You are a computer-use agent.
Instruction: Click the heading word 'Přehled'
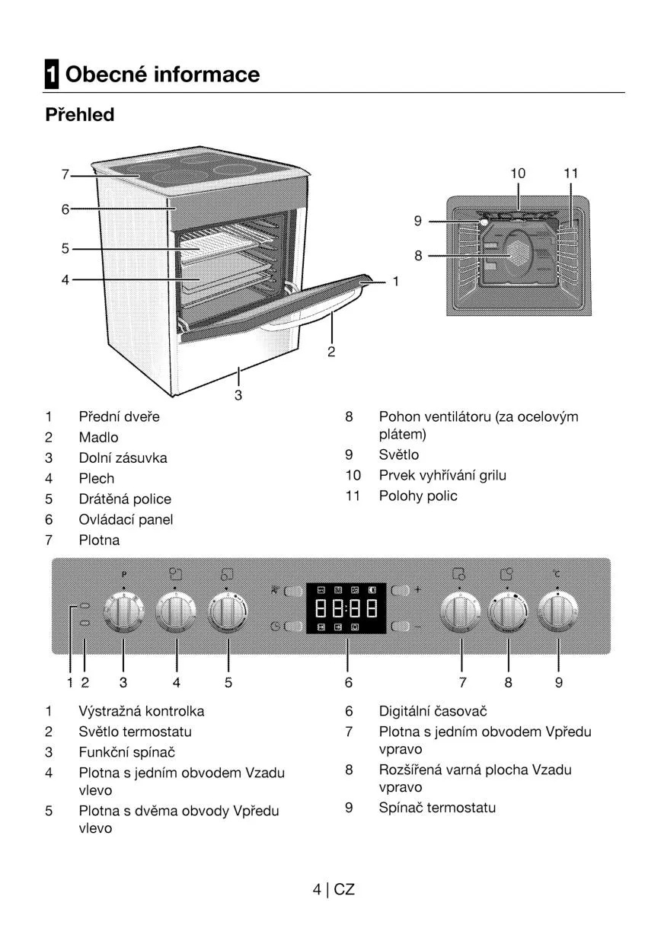click(x=79, y=115)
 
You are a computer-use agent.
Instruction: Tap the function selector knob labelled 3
click(x=123, y=612)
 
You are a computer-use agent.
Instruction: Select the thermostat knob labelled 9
click(x=558, y=612)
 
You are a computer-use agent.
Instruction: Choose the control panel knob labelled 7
click(x=461, y=612)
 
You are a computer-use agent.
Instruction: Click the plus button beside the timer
click(x=400, y=590)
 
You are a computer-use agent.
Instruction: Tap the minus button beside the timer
click(x=400, y=626)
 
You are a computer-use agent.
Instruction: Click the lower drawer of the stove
click(x=236, y=358)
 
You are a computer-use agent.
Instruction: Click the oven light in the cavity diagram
click(x=484, y=222)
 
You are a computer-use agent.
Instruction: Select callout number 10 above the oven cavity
click(x=518, y=174)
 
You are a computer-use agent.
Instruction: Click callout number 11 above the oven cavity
click(x=570, y=174)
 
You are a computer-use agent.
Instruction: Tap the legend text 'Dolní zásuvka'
click(x=123, y=458)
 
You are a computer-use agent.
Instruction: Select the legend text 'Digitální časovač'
click(x=433, y=711)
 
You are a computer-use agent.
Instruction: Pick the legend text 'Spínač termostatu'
click(x=437, y=808)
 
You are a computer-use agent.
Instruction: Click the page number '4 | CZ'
click(x=334, y=889)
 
